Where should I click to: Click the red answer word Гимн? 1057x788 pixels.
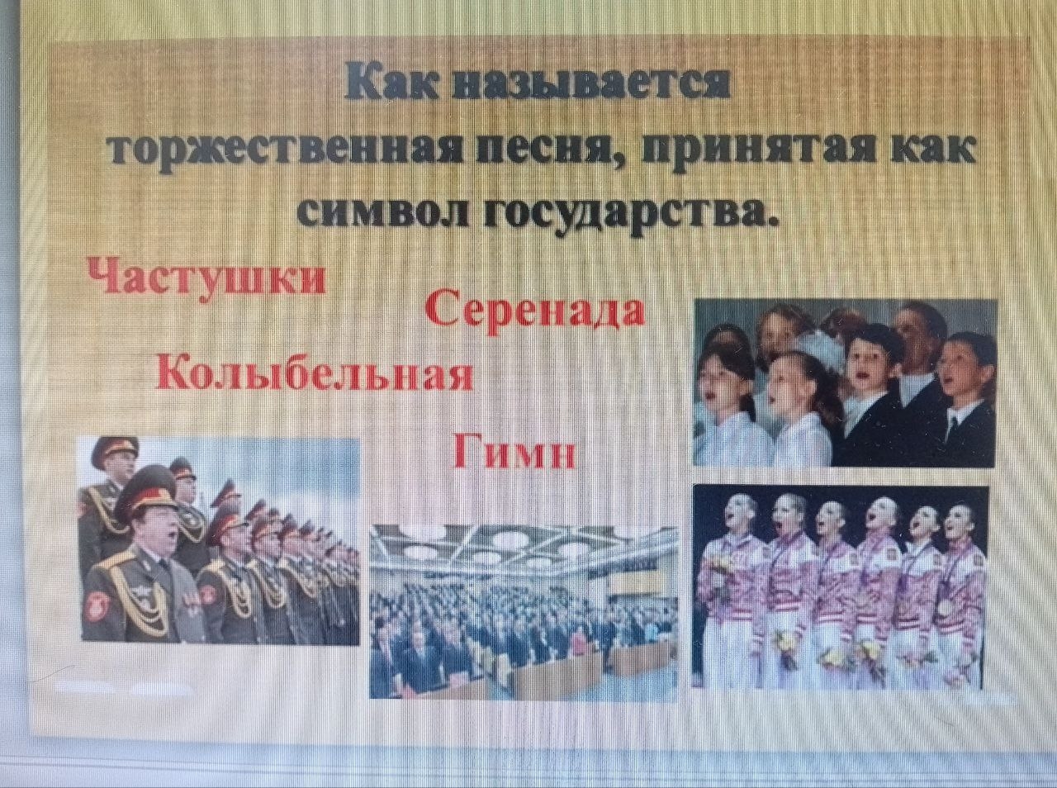[514, 451]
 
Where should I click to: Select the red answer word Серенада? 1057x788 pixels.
[535, 312]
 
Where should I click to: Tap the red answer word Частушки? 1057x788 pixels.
[207, 276]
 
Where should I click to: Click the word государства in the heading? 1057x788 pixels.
[626, 215]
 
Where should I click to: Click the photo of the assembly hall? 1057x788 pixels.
[523, 610]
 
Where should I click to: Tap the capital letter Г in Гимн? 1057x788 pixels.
[467, 450]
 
